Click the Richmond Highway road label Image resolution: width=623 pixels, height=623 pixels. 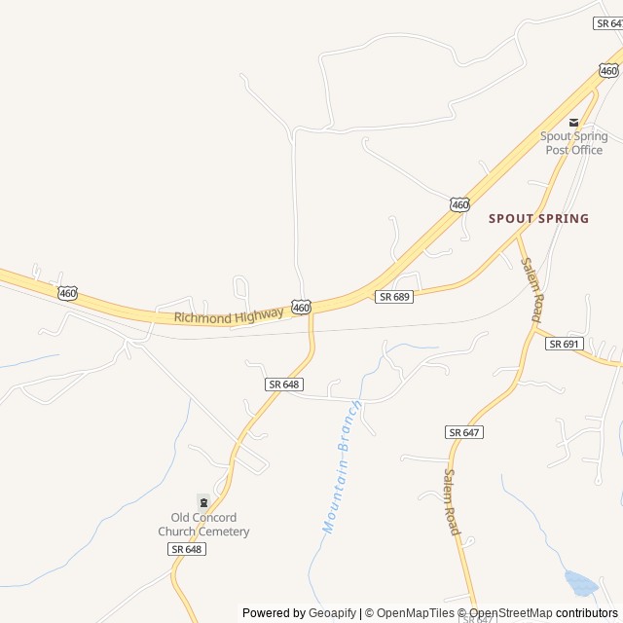point(230,314)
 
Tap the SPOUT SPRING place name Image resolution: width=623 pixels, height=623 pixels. point(538,219)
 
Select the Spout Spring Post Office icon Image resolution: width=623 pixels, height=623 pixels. point(574,122)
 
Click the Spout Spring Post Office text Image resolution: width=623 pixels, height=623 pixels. point(574,143)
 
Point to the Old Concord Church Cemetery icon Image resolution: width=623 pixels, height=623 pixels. point(203,501)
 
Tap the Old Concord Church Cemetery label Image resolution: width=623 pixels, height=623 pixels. point(203,525)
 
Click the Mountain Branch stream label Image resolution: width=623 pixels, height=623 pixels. point(343,466)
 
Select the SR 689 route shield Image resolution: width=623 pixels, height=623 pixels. point(394,296)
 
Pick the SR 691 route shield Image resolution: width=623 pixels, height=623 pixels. point(564,344)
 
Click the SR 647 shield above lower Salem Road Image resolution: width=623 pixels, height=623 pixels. point(465,431)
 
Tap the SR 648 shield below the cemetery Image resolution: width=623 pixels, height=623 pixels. point(187,549)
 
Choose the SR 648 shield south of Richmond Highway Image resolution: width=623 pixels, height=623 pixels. point(283,385)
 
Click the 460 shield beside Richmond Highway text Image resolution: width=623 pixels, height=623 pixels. point(302,307)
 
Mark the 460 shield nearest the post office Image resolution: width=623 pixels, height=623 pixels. point(608,70)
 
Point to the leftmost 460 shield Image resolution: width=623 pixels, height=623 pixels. point(67,293)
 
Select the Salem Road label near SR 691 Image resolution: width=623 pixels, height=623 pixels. point(531,289)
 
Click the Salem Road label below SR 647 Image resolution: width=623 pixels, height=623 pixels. point(452,501)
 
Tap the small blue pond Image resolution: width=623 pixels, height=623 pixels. point(581,583)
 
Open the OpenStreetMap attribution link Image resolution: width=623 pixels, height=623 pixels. point(511,613)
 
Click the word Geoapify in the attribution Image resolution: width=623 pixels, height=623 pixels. point(333,613)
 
